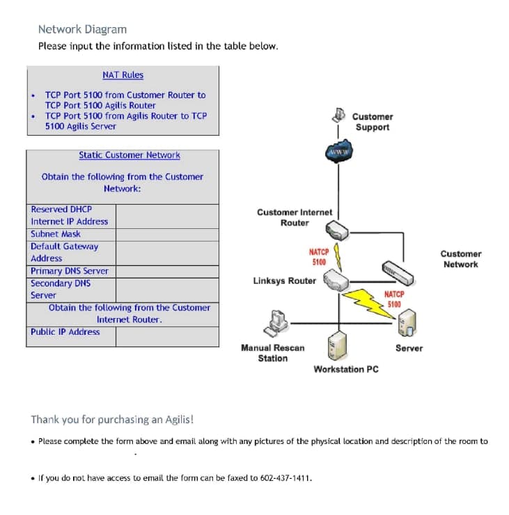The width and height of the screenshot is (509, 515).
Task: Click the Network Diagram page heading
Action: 82,29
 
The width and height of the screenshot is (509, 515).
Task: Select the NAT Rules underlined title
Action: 123,74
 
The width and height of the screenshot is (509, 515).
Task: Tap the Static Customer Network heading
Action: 129,155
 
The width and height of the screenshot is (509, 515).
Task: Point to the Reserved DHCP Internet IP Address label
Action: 69,215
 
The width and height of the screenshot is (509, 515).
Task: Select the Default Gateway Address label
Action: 64,252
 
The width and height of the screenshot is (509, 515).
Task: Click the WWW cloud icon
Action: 338,152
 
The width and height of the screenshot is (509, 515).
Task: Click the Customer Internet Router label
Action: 295,217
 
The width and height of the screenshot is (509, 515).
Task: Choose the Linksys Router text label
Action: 284,281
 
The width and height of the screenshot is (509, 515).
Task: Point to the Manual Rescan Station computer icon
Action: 276,322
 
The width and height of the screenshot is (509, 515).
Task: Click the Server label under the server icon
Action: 409,348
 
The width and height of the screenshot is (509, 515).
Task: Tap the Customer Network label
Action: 460,259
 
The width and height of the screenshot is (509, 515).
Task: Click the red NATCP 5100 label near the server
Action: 394,299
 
